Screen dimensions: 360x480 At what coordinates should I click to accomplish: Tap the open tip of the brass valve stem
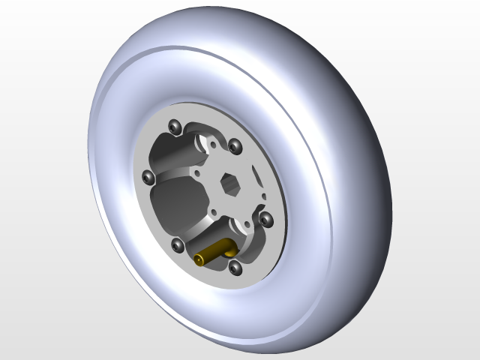(x=199, y=260)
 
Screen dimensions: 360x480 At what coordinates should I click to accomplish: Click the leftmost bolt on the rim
(x=148, y=177)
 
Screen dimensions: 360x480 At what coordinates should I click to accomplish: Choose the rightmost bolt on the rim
(x=265, y=218)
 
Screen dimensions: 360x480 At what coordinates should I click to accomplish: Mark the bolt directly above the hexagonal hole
(x=234, y=145)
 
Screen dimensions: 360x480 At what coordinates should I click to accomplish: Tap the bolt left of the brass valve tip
(x=178, y=245)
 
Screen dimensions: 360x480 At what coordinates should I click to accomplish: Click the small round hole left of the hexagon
(x=197, y=172)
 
